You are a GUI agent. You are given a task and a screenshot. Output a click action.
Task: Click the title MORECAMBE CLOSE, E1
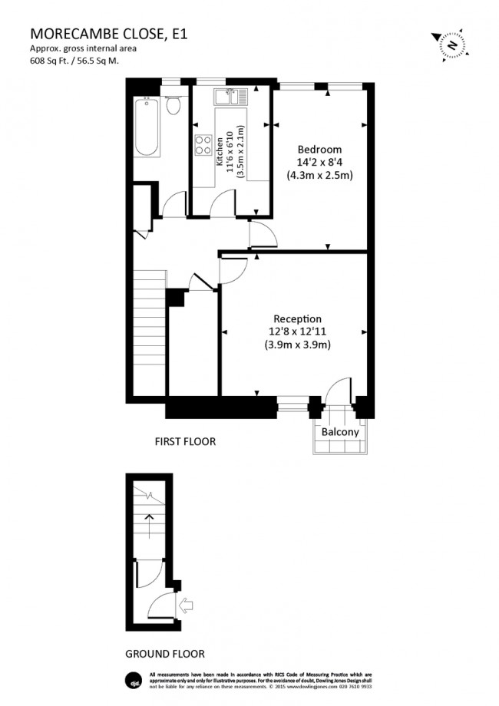pyautogui.click(x=107, y=34)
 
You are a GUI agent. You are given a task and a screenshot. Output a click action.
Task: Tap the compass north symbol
pyautogui.click(x=452, y=45)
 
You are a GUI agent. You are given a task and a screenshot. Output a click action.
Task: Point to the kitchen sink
pyautogui.click(x=230, y=97)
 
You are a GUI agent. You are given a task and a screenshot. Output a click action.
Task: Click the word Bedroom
pyautogui.click(x=319, y=149)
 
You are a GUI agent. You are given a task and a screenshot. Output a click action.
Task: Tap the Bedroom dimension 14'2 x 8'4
pyautogui.click(x=319, y=162)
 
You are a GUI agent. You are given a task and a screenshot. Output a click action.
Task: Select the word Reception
pyautogui.click(x=298, y=318)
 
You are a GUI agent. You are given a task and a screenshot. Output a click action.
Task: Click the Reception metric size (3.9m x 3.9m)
pyautogui.click(x=298, y=345)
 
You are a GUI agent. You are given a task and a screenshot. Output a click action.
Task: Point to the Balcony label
pyautogui.click(x=340, y=432)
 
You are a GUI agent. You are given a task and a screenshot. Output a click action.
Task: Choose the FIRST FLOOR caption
pyautogui.click(x=185, y=441)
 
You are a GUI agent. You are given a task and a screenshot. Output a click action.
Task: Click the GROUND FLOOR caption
pyautogui.click(x=165, y=654)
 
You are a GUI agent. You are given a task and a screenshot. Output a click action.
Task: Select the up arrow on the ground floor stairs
pyautogui.click(x=149, y=526)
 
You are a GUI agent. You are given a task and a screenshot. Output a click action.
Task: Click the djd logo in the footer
pyautogui.click(x=131, y=680)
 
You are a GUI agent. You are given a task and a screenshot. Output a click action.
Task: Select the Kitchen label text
pyautogui.click(x=220, y=150)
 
